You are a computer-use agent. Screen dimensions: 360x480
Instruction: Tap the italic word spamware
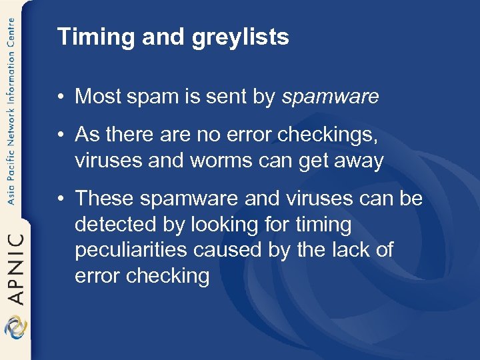tap(330, 97)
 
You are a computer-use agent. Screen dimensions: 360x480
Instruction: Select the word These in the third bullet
tap(103, 199)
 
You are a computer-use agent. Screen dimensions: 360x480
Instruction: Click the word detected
tap(113, 224)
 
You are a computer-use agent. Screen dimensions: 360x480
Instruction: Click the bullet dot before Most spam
tap(61, 97)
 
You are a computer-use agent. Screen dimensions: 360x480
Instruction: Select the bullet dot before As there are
tap(61, 135)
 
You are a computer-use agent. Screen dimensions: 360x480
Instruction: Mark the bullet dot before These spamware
tap(61, 199)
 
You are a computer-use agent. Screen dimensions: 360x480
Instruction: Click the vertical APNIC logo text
tap(15, 267)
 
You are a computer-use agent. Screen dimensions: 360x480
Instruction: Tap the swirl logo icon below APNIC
tap(15, 327)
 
